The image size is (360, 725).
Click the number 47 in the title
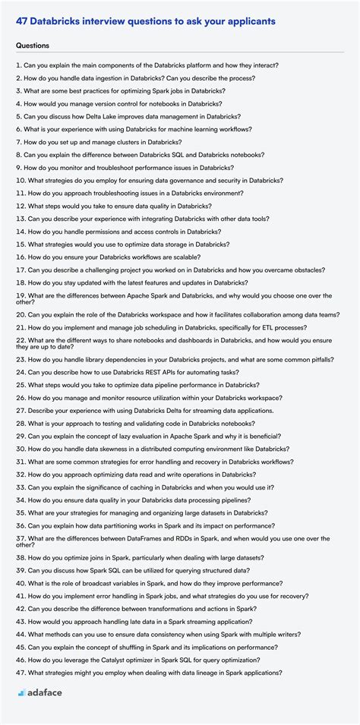point(22,21)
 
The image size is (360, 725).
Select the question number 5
point(18,117)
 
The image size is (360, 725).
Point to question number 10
point(21,181)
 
